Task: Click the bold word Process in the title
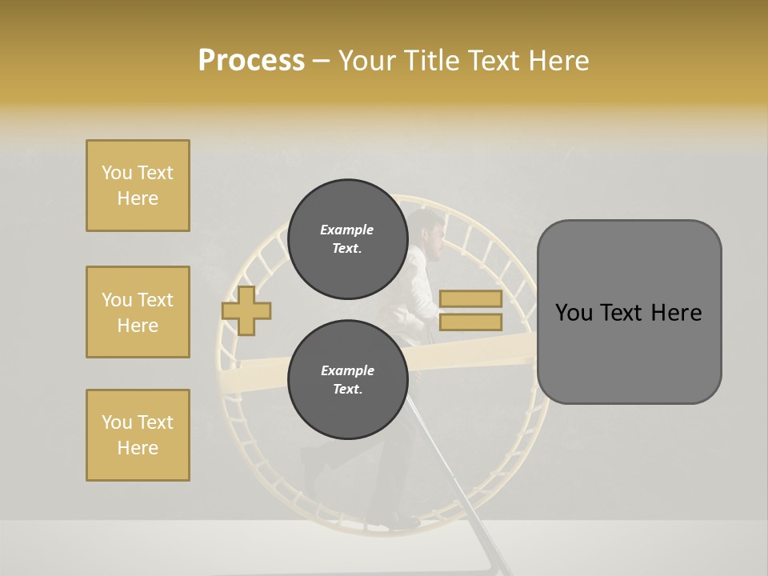[x=251, y=61]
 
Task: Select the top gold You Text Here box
[x=138, y=186]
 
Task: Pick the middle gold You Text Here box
[x=138, y=312]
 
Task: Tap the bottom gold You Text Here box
[x=138, y=434]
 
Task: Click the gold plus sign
[x=246, y=310]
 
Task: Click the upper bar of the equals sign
[x=470, y=299]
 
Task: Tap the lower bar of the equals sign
[x=470, y=322]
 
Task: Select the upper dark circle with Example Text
[x=346, y=238]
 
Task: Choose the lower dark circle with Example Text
[x=346, y=379]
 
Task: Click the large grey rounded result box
[x=629, y=312]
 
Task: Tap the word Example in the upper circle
[x=346, y=230]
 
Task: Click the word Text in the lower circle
[x=346, y=390]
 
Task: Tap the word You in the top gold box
[x=116, y=173]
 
